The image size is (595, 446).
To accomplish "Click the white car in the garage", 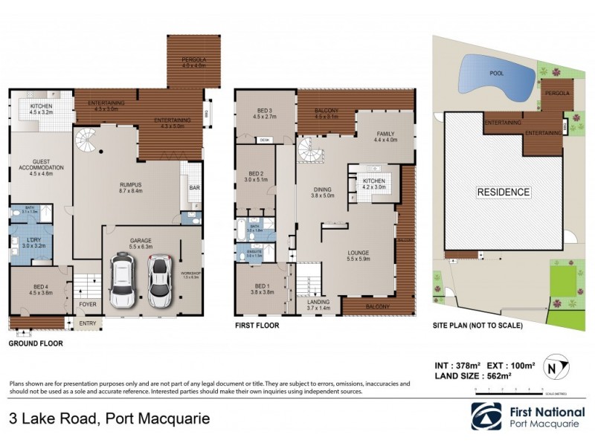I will (x=121, y=282).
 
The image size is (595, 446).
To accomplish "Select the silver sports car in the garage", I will (x=159, y=281).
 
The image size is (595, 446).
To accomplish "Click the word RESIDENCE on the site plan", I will (x=504, y=193).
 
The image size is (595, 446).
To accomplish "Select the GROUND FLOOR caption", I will (x=36, y=344).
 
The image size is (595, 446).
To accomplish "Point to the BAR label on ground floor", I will (x=193, y=188).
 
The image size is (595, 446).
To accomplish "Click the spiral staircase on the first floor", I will (x=309, y=152).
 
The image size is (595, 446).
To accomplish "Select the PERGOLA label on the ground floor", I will (x=192, y=59).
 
